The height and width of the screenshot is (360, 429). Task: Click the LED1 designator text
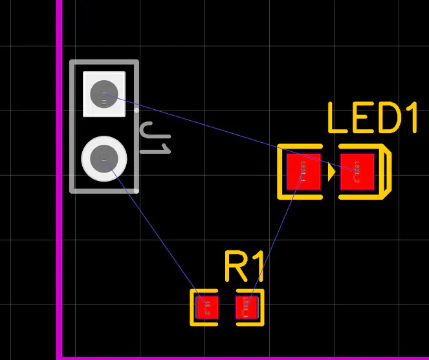(372, 118)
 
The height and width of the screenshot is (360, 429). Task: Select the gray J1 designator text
(155, 138)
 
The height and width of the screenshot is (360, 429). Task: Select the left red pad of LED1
(304, 172)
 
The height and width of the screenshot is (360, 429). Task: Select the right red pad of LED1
(357, 172)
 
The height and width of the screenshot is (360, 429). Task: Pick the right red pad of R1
(247, 306)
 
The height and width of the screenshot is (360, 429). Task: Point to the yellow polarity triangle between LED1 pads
(331, 172)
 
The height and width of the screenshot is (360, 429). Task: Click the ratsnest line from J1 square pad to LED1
(226, 132)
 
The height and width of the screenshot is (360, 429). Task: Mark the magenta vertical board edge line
(60, 194)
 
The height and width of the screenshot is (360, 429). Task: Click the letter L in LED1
(337, 118)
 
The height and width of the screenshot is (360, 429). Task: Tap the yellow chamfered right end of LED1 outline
(387, 172)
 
